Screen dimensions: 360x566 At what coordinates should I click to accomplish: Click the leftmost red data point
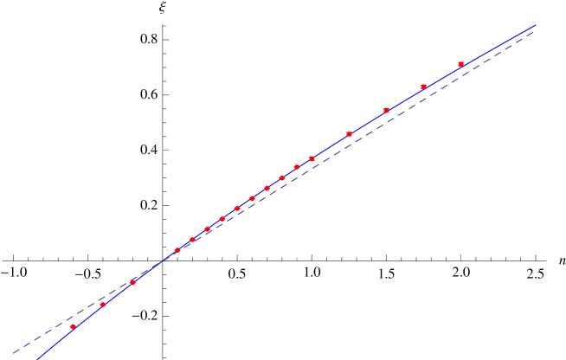pyautogui.click(x=73, y=326)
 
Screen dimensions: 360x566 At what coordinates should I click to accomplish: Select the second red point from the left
pyautogui.click(x=103, y=305)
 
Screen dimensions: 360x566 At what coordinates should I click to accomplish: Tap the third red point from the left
pyautogui.click(x=132, y=281)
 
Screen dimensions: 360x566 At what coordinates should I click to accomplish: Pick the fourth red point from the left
pyautogui.click(x=177, y=250)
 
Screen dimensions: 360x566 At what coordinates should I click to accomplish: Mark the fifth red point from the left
pyautogui.click(x=192, y=240)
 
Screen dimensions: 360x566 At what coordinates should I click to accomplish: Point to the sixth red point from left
pyautogui.click(x=207, y=229)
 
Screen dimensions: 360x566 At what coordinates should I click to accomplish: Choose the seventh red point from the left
pyautogui.click(x=222, y=219)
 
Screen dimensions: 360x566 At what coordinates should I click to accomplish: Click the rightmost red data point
pyautogui.click(x=460, y=64)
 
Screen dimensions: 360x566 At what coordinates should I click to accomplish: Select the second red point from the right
pyautogui.click(x=423, y=87)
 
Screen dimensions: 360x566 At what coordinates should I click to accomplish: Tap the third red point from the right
pyautogui.click(x=386, y=110)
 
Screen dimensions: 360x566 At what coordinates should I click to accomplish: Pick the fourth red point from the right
pyautogui.click(x=349, y=133)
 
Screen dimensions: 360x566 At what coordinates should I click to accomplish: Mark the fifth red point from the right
pyautogui.click(x=312, y=158)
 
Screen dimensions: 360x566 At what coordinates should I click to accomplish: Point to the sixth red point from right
pyautogui.click(x=297, y=167)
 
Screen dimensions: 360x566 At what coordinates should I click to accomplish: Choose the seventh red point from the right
pyautogui.click(x=281, y=178)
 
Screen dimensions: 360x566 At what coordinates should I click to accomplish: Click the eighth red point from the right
pyautogui.click(x=267, y=188)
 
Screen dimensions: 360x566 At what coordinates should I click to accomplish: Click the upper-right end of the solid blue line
pyautogui.click(x=536, y=25)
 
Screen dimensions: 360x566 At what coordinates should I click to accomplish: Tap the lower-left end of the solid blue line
pyautogui.click(x=36, y=358)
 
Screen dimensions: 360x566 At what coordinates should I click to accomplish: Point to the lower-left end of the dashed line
pyautogui.click(x=12, y=351)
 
